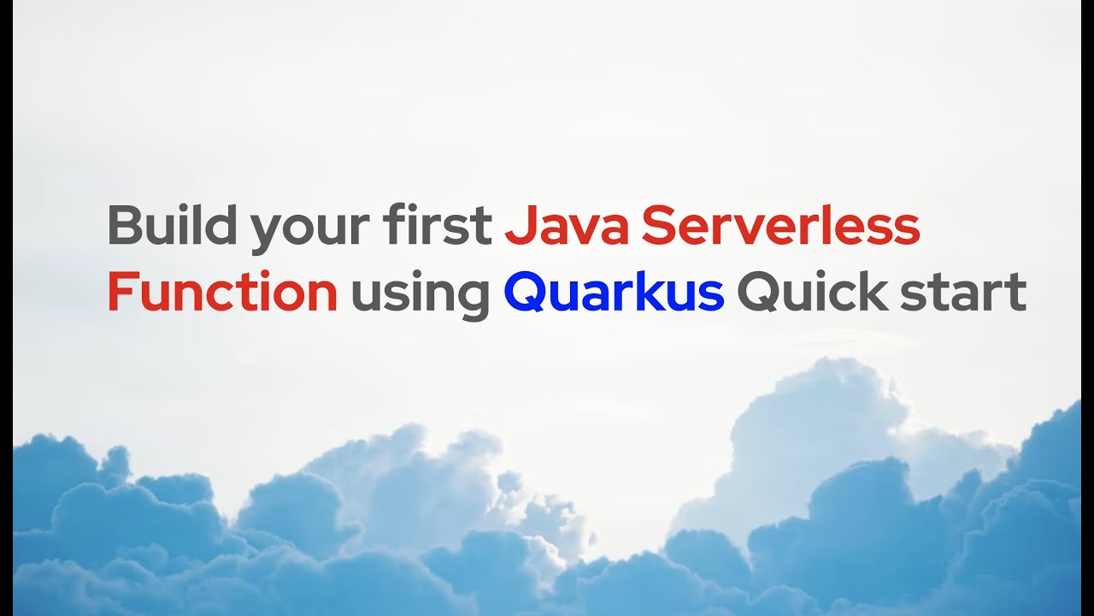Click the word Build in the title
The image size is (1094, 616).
click(171, 226)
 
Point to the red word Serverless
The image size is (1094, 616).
click(780, 226)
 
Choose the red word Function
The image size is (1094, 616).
click(222, 293)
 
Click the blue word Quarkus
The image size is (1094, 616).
click(614, 293)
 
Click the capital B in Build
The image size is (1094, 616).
click(124, 226)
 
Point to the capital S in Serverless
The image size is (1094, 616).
click(657, 226)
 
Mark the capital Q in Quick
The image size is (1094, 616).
click(756, 293)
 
